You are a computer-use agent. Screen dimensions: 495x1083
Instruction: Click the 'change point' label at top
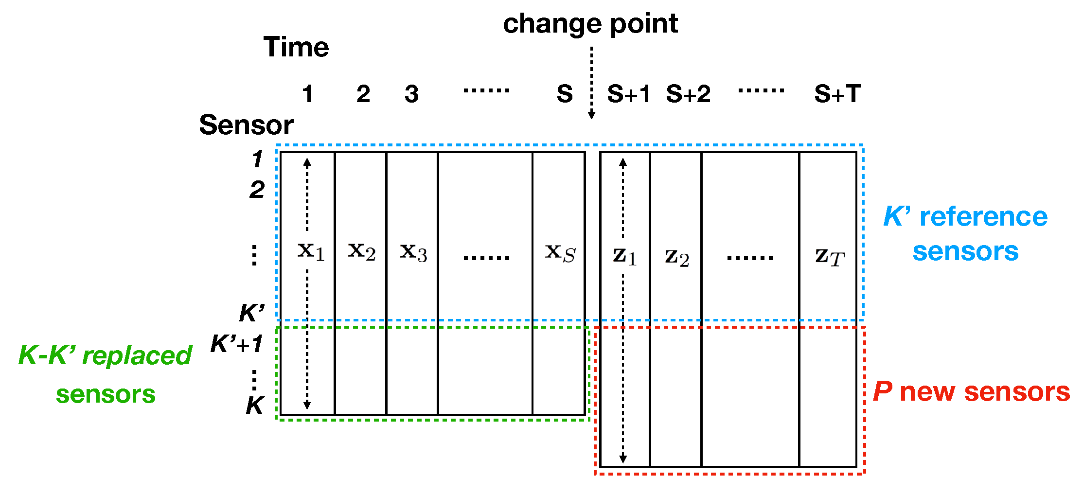[590, 24]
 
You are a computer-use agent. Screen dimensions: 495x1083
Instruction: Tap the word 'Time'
[296, 47]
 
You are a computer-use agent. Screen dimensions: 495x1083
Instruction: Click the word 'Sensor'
[246, 125]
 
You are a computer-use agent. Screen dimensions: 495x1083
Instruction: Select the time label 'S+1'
[628, 93]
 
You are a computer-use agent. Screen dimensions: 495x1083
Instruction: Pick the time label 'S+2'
[688, 93]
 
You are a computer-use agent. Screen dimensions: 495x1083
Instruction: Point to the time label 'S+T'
[837, 93]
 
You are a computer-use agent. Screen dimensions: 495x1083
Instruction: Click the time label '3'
[411, 94]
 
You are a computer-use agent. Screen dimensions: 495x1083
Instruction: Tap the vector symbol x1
[311, 251]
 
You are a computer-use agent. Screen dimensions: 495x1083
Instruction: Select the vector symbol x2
[362, 251]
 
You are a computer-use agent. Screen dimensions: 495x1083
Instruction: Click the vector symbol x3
[413, 252]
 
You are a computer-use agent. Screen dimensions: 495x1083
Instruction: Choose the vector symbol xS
[560, 253]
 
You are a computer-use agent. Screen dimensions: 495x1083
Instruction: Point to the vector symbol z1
[624, 256]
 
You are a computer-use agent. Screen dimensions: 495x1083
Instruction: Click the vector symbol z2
[677, 257]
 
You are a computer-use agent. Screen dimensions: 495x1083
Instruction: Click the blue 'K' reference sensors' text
[965, 234]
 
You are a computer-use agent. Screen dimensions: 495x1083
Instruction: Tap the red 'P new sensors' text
[971, 392]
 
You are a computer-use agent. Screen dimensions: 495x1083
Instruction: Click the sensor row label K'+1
[237, 344]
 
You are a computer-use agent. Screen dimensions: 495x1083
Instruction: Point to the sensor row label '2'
[257, 190]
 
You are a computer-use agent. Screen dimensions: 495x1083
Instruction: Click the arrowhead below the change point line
[591, 115]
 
